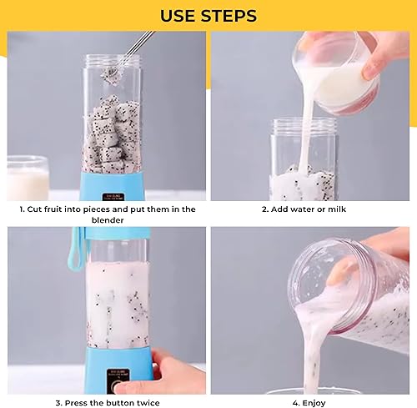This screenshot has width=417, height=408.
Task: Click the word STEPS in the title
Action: [x=229, y=16]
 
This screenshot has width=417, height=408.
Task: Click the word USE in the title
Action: [x=177, y=16]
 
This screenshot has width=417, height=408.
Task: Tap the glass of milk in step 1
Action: [x=28, y=179]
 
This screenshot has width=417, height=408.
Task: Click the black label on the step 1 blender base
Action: [x=113, y=197]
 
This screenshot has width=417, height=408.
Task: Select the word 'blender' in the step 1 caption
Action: [x=108, y=220]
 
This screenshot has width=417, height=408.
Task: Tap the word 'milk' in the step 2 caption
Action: [x=337, y=209]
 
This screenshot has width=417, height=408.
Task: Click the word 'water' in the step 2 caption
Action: [x=304, y=209]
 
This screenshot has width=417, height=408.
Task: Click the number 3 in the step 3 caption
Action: [x=58, y=403]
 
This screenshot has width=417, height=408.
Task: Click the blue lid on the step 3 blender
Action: [x=118, y=234]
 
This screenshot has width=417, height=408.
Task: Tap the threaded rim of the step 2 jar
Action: [x=305, y=126]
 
